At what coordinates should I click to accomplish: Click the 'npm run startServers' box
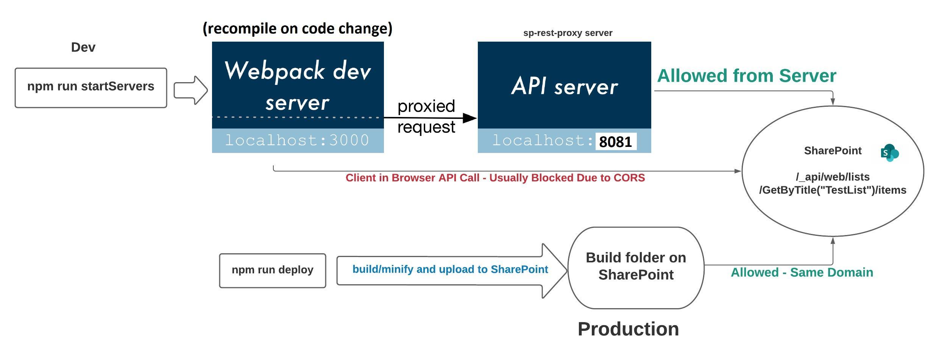click(90, 87)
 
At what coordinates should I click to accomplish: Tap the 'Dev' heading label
click(83, 47)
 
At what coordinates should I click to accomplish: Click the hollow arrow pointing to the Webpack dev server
click(190, 90)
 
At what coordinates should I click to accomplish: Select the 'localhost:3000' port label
click(297, 140)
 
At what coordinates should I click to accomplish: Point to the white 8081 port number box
click(616, 142)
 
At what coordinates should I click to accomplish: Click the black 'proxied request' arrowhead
click(469, 118)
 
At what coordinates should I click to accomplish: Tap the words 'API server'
click(564, 86)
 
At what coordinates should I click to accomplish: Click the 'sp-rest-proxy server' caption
click(568, 33)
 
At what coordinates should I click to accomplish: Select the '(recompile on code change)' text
click(297, 28)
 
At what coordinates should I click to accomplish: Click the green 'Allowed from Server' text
click(746, 76)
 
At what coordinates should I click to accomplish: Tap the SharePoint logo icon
click(889, 153)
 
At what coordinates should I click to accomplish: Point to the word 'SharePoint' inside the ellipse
click(832, 151)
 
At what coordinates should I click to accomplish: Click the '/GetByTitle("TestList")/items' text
click(832, 190)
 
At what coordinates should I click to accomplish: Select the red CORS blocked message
click(495, 178)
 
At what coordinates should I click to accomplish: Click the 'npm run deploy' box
click(272, 270)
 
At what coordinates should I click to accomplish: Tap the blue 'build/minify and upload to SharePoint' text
click(450, 269)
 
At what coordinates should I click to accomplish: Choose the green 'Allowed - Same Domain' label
click(802, 273)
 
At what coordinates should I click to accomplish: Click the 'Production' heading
click(628, 329)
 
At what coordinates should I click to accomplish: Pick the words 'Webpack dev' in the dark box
click(297, 71)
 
